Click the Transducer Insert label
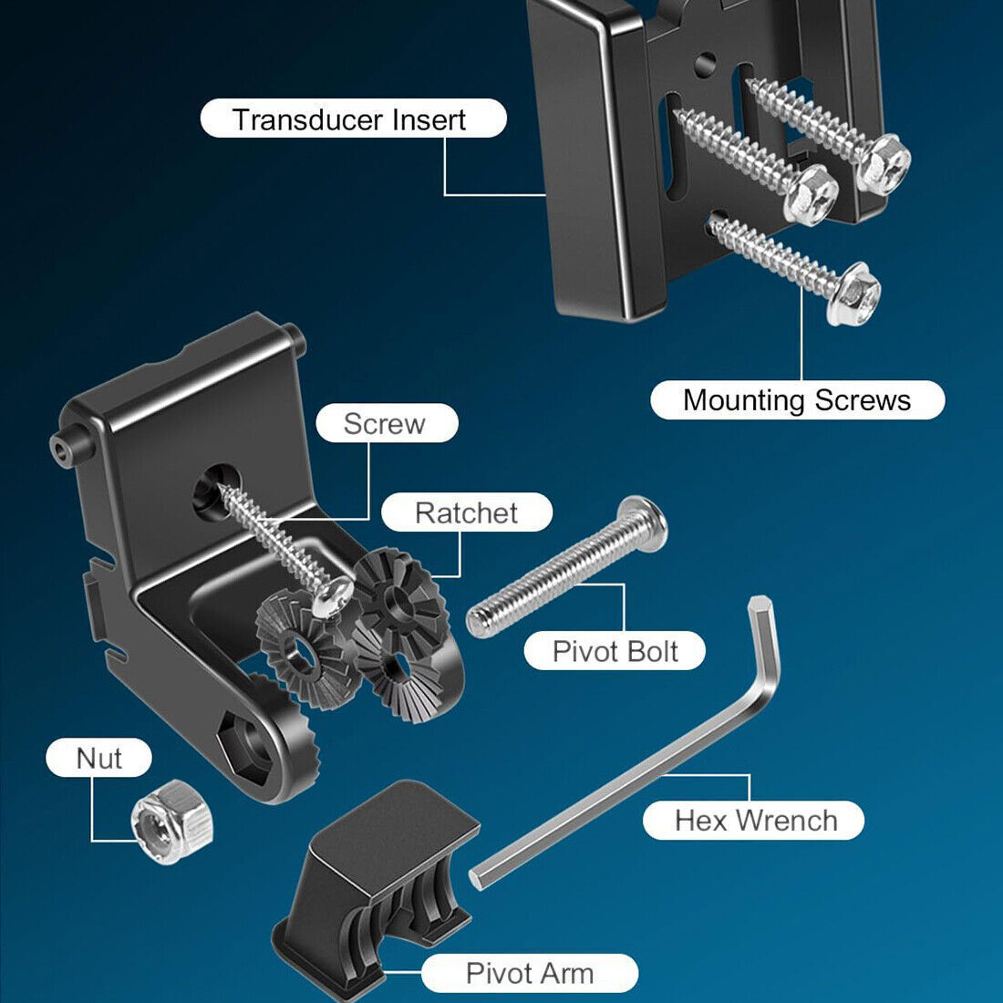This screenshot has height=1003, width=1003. click(x=353, y=119)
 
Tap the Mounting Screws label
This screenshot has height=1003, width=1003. click(x=797, y=400)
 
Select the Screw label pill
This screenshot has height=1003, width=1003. click(x=386, y=423)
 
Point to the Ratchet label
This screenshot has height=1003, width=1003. click(x=466, y=512)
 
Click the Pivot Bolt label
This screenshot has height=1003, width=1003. click(x=615, y=651)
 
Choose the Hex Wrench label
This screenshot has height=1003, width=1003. click(x=754, y=820)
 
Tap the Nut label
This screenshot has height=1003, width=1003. click(x=98, y=758)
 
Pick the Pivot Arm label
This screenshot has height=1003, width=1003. click(x=529, y=973)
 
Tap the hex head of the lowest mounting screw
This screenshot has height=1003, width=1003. click(x=853, y=293)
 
